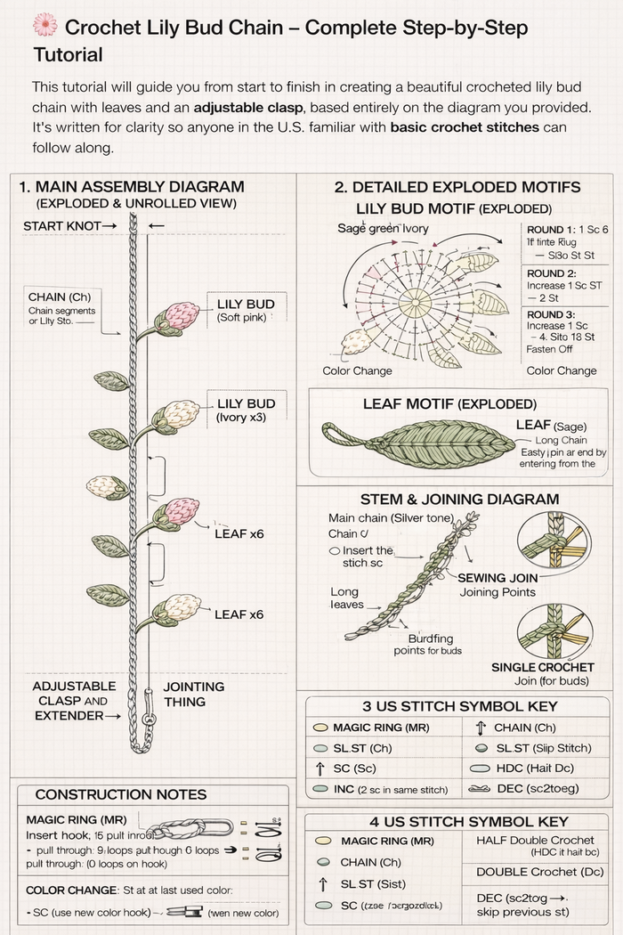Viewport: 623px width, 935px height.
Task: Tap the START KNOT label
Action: [70, 226]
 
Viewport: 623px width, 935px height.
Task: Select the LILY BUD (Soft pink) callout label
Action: [246, 311]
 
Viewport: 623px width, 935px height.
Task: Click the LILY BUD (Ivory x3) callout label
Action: [246, 410]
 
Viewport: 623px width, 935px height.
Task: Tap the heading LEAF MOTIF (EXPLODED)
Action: [449, 404]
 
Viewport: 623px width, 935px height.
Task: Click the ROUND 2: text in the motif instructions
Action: [552, 273]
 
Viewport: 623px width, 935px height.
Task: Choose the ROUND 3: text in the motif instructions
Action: [552, 314]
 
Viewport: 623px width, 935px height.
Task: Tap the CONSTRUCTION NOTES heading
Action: [120, 794]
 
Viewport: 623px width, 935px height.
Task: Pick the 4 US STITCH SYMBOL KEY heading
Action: [456, 821]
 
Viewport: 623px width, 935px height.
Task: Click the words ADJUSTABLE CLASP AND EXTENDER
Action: [73, 701]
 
